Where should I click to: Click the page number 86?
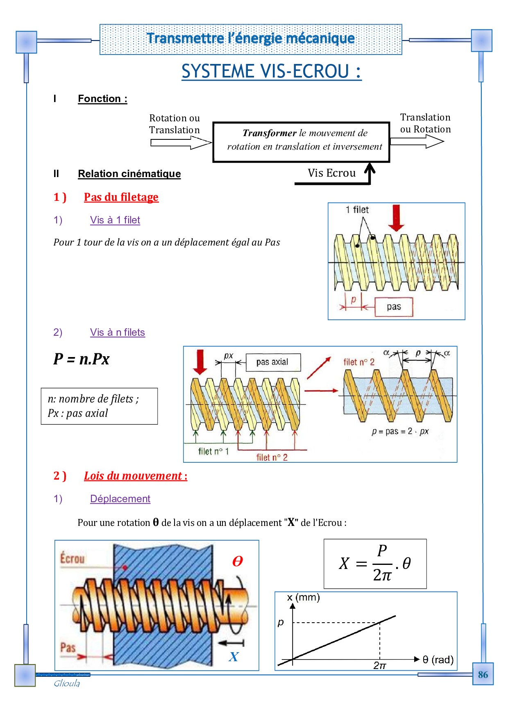[x=483, y=674]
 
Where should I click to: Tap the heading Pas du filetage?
[x=121, y=197]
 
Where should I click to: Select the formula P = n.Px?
[x=81, y=359]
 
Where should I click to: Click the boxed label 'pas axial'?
[x=272, y=362]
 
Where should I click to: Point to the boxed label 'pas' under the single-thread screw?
[x=394, y=307]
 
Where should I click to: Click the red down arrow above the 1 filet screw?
[x=396, y=218]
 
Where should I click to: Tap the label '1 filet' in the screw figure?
[x=357, y=209]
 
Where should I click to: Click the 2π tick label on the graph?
[x=380, y=665]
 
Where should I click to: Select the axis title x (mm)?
[x=303, y=597]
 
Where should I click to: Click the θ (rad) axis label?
[x=438, y=660]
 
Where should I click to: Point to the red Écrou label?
[x=73, y=558]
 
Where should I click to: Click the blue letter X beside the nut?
[x=234, y=657]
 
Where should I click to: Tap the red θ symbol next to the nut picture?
[x=238, y=561]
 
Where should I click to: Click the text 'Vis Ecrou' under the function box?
[x=331, y=173]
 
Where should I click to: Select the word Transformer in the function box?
[x=269, y=133]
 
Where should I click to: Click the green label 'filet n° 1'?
[x=213, y=451]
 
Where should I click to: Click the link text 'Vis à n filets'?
[x=118, y=332]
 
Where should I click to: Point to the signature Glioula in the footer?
[x=67, y=683]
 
